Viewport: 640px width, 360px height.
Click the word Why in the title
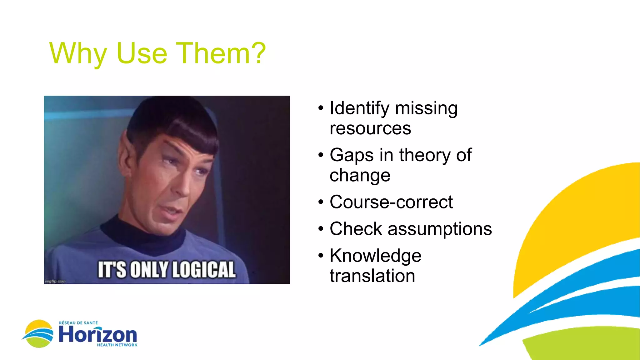78,54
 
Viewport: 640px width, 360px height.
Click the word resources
370,128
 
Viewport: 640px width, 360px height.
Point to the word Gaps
352,155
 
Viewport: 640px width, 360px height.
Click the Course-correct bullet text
391,202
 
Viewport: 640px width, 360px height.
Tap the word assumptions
440,229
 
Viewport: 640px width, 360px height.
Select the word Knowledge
375,256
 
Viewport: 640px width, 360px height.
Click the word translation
372,276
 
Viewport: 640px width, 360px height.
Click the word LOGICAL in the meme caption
203,270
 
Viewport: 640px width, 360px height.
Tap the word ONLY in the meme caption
149,270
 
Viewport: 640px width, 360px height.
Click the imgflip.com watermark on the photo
55,282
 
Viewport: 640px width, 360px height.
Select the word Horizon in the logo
98,335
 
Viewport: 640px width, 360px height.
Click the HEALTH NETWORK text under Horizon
117,345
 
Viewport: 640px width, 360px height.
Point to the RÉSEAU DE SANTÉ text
78,323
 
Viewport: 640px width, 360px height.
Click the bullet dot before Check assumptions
321,229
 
